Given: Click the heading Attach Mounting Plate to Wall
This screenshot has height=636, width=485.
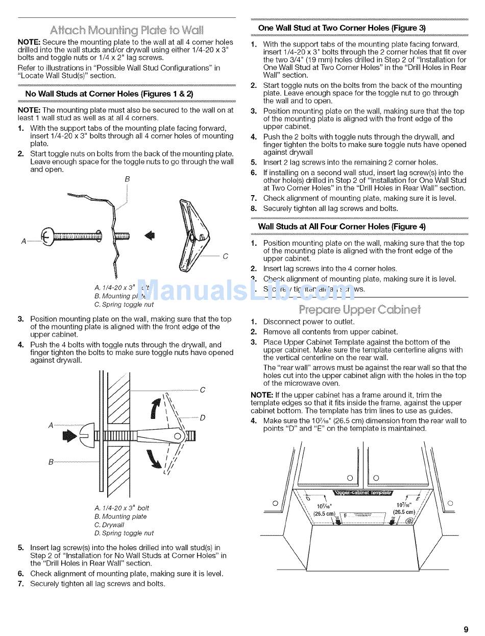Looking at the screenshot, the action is point(127,29).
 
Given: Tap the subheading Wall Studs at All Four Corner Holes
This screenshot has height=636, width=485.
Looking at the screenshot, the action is point(342,226).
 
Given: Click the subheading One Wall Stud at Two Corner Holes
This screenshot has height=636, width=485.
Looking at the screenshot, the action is point(342,28).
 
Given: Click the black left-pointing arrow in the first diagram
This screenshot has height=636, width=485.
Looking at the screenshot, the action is point(149,235).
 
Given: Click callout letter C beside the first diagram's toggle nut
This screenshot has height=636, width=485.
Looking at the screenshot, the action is point(225,256).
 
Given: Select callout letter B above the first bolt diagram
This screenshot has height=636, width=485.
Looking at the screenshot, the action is point(127,179).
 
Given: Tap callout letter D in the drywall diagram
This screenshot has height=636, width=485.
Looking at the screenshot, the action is point(203,418).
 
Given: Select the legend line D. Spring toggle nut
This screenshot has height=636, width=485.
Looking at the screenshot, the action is point(124,533).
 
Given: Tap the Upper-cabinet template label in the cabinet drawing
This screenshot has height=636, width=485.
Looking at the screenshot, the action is point(362,493).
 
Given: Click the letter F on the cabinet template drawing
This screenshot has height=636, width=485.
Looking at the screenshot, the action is point(345,515).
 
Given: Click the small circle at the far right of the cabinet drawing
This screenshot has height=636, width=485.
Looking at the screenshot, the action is point(450,504).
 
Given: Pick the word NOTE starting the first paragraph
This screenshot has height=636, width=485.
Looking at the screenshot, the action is point(29,42).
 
